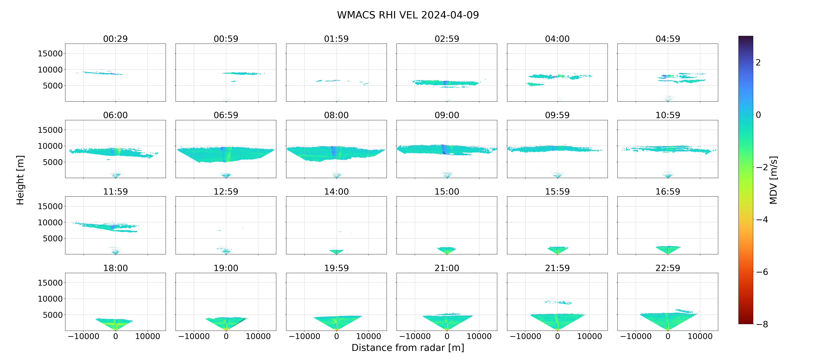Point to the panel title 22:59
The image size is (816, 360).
pyautogui.click(x=668, y=268)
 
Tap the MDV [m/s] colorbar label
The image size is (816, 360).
pyautogui.click(x=773, y=180)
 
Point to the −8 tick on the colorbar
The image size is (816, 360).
pyautogui.click(x=762, y=324)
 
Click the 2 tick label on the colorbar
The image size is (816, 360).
pyautogui.click(x=758, y=62)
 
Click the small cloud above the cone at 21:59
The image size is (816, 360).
pyautogui.click(x=558, y=302)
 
